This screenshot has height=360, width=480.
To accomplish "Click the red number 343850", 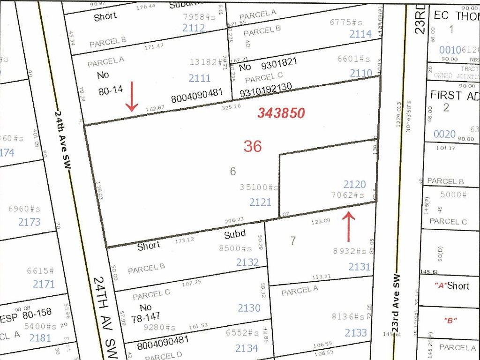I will [281, 113].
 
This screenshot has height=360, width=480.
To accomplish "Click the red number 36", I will [252, 146].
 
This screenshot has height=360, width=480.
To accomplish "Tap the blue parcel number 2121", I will [260, 202].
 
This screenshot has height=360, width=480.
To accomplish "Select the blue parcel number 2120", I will [354, 185].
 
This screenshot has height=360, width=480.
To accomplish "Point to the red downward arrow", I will [132, 96].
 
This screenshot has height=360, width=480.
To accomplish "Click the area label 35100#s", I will [259, 187].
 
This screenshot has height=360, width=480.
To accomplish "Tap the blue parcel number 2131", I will [360, 267].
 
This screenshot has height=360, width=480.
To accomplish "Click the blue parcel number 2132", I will [248, 262].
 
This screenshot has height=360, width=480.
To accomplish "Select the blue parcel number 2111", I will [200, 78].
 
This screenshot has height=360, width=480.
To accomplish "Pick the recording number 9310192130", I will [266, 87].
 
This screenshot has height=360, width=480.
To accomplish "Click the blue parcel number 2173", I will [29, 222].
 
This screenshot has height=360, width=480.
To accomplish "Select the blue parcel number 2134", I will [247, 348].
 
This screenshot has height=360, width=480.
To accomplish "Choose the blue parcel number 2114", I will [360, 34].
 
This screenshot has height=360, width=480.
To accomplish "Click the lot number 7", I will [293, 241].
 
